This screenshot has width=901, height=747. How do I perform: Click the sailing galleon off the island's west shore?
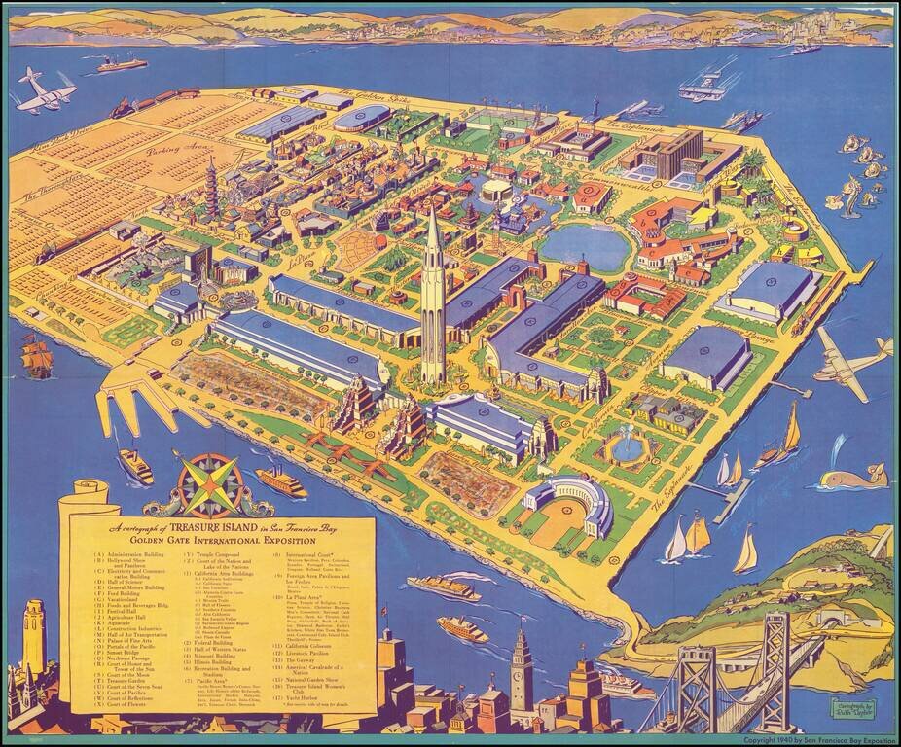(x=37, y=357)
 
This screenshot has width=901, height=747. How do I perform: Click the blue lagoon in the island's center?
(x=584, y=248)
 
